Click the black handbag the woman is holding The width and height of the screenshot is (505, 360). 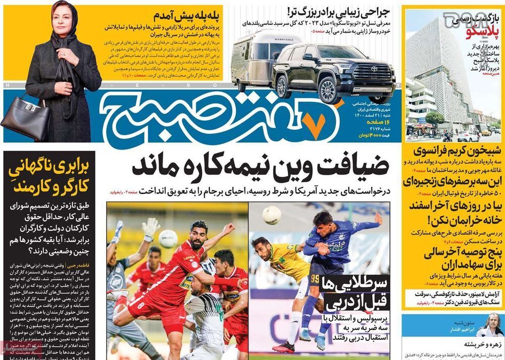click(x=25, y=117)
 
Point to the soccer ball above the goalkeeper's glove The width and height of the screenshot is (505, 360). click(x=168, y=238)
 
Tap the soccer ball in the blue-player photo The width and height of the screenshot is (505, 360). click(x=272, y=215)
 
